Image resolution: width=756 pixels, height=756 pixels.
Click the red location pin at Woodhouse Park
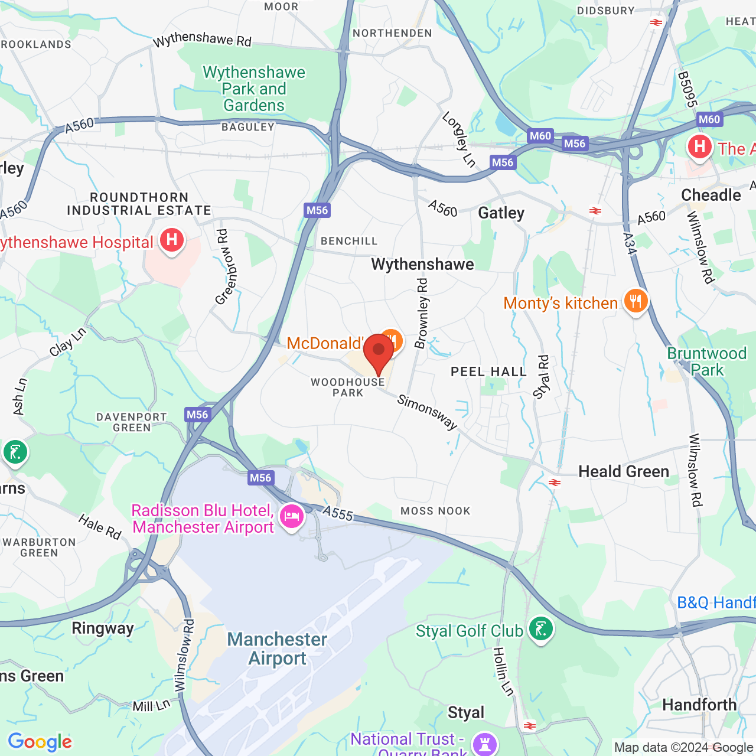coord(379,352)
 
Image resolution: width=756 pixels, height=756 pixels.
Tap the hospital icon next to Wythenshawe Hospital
coord(172,240)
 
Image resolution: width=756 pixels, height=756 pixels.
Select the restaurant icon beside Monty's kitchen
coord(636,302)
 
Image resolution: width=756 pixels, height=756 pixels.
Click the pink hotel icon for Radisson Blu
coord(291,517)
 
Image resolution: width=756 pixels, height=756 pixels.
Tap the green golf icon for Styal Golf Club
coord(540,630)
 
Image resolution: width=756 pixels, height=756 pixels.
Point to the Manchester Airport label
coord(277,649)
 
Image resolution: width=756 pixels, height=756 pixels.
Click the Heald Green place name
coord(624,471)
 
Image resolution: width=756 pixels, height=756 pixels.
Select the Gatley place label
coord(501,213)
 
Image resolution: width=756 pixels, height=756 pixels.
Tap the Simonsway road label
coord(427,412)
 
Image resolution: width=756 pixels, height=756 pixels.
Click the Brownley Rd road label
coord(422,314)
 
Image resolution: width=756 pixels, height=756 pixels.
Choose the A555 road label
coord(338,513)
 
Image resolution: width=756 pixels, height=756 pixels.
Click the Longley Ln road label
coord(459,139)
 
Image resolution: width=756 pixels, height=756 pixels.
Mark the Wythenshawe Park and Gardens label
coord(254,89)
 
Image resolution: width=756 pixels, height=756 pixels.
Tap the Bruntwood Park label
coord(706,361)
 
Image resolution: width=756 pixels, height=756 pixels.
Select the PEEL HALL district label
coord(488,372)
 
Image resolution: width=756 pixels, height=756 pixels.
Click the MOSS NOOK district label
coord(435,511)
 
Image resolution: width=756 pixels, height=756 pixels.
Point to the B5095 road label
coord(687,90)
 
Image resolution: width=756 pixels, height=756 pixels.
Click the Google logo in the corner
coord(40,742)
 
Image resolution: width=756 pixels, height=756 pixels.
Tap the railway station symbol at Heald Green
coord(554,483)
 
